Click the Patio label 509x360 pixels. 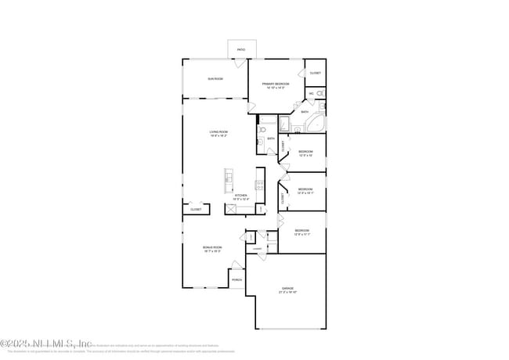240,50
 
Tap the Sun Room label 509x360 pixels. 215,79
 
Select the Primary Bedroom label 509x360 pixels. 276,84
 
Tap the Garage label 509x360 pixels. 287,289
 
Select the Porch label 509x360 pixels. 236,279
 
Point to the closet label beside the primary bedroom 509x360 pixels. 315,73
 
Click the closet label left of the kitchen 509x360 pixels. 196,209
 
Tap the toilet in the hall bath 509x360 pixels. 260,142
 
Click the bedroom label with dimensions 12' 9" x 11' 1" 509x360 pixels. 302,231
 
